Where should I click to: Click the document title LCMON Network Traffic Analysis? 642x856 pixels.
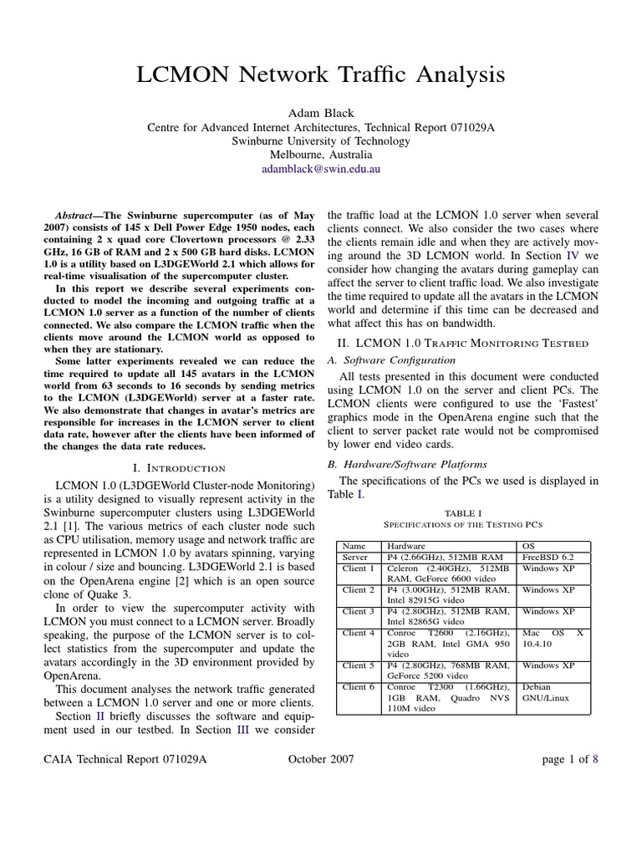click(x=321, y=75)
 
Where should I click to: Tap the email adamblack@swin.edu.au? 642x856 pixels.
click(x=321, y=168)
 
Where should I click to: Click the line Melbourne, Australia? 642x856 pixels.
click(x=321, y=155)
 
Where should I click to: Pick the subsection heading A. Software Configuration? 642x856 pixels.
click(x=390, y=359)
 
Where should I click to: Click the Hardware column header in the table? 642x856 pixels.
click(x=406, y=546)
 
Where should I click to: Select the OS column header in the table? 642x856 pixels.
click(x=530, y=546)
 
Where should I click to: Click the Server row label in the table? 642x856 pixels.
click(x=356, y=557)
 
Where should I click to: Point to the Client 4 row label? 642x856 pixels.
click(x=359, y=633)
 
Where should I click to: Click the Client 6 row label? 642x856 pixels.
click(x=359, y=687)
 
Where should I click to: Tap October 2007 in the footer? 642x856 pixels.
click(x=321, y=759)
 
